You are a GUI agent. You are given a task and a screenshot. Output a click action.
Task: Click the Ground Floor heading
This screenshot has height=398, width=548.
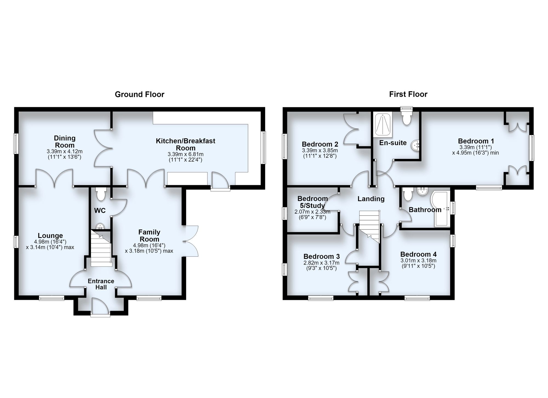click(x=139, y=94)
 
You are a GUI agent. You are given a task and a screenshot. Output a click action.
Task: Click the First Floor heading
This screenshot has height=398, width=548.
click(x=408, y=94)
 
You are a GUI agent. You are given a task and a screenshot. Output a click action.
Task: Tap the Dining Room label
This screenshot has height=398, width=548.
click(x=65, y=142)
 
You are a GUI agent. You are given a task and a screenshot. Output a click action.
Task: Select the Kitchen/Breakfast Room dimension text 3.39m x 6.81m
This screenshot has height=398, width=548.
click(x=185, y=154)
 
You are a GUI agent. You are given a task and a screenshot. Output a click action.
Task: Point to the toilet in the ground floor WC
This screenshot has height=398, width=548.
click(x=101, y=194)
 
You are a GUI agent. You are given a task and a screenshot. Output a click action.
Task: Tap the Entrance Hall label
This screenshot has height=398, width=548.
click(x=101, y=284)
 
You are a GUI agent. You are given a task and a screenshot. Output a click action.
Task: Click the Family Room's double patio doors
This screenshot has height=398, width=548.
click(x=190, y=241)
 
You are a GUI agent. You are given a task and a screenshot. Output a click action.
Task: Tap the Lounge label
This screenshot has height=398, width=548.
click(x=50, y=236)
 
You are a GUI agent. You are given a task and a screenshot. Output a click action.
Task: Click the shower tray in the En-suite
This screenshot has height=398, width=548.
click(x=383, y=125)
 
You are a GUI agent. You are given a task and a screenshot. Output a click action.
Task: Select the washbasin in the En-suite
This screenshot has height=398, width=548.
click(x=416, y=145)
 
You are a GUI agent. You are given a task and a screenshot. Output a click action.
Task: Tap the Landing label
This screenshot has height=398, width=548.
click(x=371, y=199)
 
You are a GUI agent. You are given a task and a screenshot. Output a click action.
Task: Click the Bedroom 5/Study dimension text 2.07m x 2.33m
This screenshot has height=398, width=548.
click(x=312, y=212)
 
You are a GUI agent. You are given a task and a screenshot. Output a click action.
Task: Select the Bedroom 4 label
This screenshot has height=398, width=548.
click(x=418, y=254)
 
